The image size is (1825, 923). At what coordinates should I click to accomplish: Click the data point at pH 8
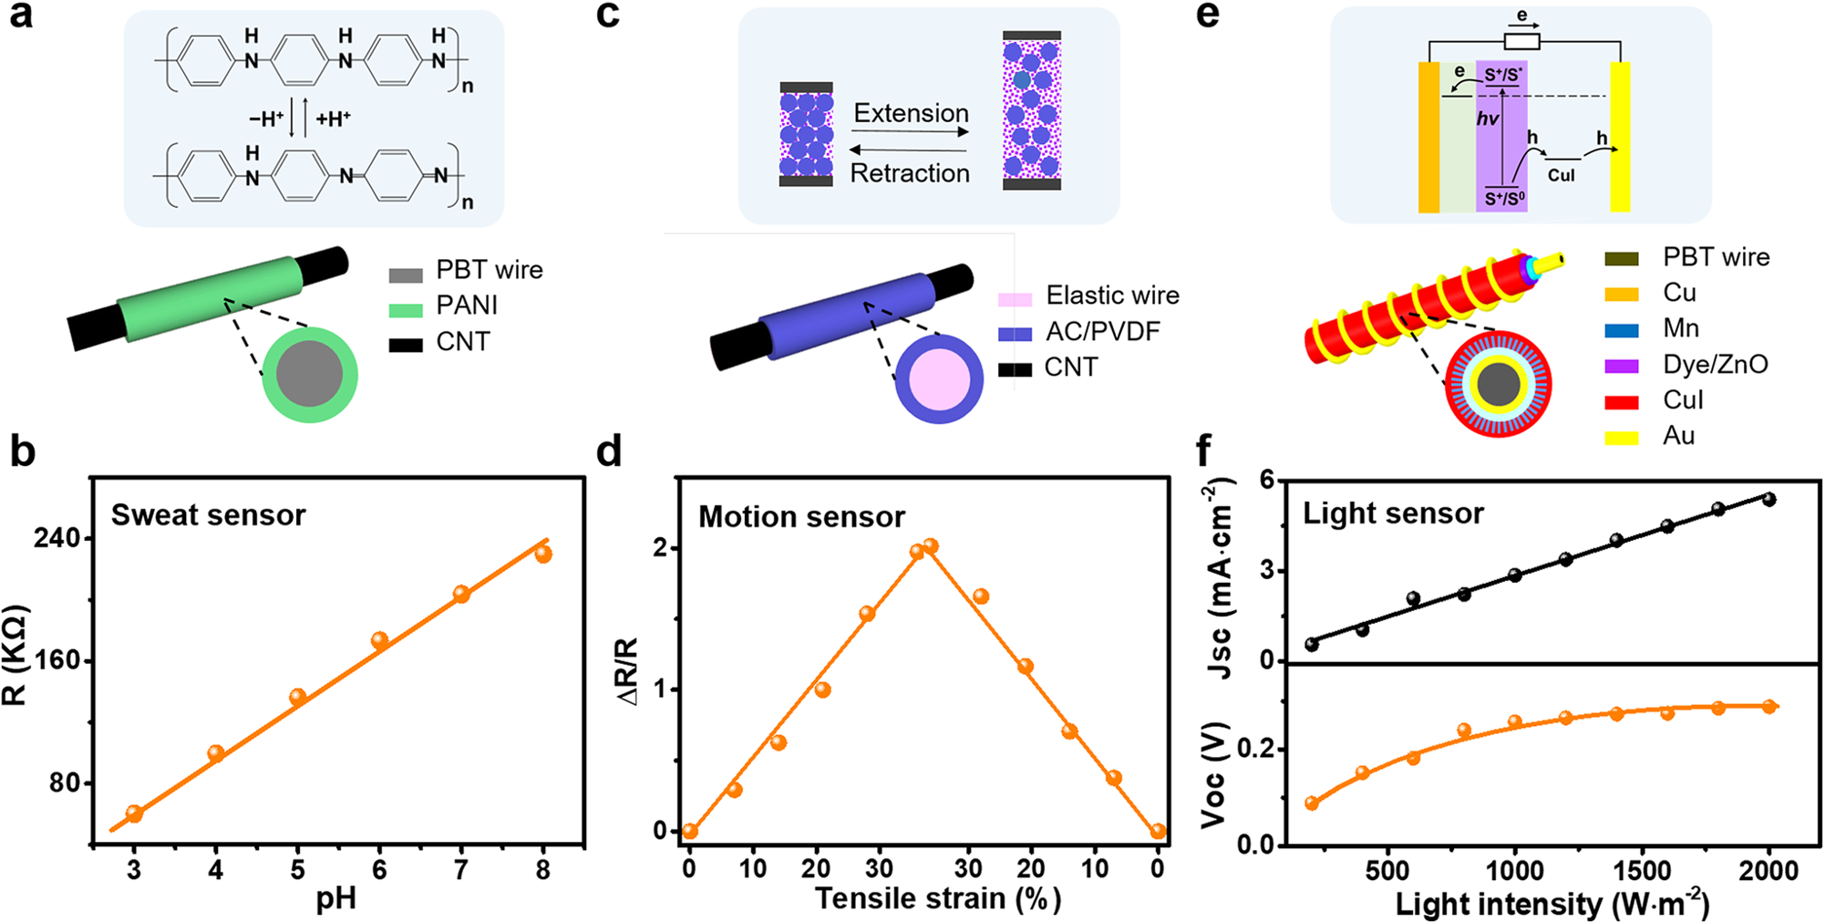(543, 554)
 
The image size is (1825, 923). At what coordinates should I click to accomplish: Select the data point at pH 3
(134, 814)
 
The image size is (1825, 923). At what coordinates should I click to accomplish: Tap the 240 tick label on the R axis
(57, 538)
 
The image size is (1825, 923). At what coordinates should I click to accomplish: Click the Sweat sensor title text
(208, 515)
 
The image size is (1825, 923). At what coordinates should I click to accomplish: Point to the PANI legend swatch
(406, 309)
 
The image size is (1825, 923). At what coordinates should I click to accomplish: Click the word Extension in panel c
(911, 114)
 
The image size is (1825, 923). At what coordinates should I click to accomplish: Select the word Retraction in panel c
(910, 173)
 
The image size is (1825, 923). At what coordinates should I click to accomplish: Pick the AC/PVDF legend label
(1102, 332)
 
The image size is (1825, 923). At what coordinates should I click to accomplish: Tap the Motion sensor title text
(801, 517)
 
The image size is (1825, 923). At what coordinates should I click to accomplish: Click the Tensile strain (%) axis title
(937, 898)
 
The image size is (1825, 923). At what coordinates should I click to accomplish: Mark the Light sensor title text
(1393, 513)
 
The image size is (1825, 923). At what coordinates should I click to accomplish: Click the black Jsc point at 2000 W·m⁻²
(1768, 499)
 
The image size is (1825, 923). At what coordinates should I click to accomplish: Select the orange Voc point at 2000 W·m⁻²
(1768, 706)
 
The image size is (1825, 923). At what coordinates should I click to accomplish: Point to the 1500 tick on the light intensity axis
(1642, 871)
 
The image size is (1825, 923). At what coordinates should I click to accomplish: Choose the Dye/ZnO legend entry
(1715, 365)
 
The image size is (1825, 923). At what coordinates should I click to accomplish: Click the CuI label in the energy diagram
(1561, 175)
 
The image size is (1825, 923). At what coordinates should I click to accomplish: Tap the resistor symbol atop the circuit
(1521, 41)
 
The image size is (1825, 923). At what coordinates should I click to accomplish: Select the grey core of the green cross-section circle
(310, 374)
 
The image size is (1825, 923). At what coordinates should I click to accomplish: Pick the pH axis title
(336, 900)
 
